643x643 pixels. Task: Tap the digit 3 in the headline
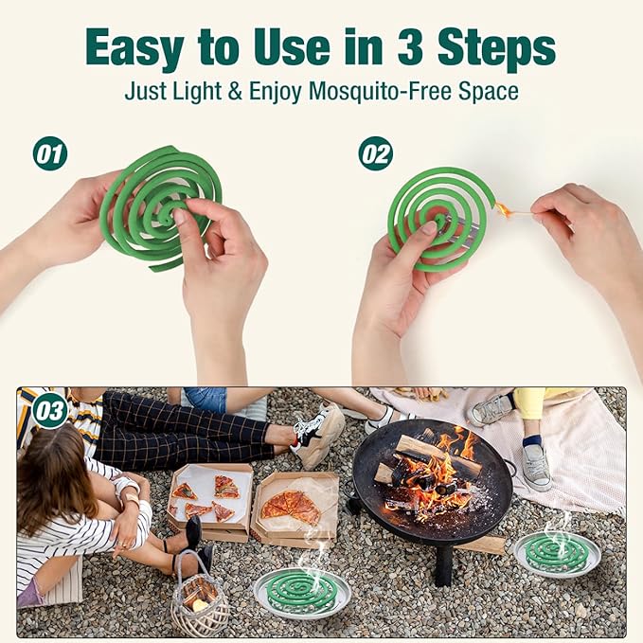[x=410, y=45]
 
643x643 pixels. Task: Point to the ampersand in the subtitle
[x=235, y=91]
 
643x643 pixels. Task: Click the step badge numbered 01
[x=50, y=153]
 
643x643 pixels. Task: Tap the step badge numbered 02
[x=376, y=153]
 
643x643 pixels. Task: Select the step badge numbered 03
[x=50, y=411]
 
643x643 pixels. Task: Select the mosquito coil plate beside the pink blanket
[x=557, y=554]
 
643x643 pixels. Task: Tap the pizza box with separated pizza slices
[x=210, y=501]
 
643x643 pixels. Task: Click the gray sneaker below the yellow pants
[x=536, y=468]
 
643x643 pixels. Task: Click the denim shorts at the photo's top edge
[x=205, y=400]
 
